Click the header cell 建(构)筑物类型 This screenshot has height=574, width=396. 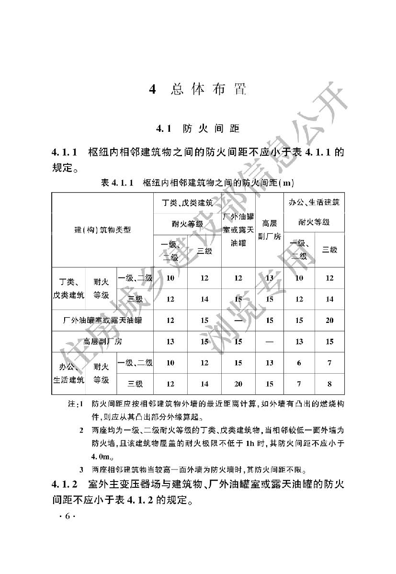102,230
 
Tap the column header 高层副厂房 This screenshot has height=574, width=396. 270,230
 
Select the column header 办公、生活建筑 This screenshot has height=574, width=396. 314,203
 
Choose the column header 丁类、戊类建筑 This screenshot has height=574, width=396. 187,203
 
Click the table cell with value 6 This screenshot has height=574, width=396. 299,363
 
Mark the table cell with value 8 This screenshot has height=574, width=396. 329,384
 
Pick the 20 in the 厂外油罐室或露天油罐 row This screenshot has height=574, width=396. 329,321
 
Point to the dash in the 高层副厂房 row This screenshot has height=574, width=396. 270,342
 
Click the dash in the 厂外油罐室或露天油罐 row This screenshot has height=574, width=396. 238,321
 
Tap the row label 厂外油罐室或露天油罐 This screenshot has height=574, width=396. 102,321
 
